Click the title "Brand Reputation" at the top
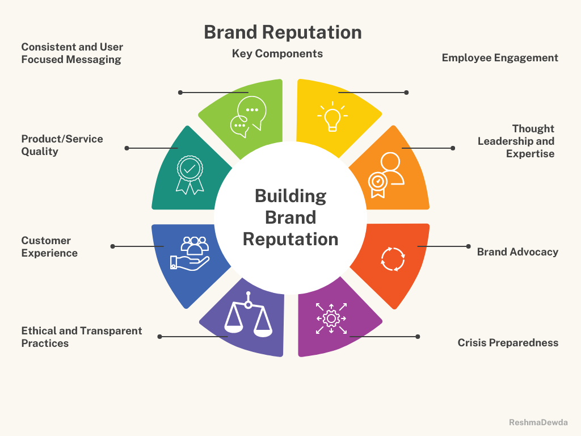pyautogui.click(x=283, y=32)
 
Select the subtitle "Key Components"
pyautogui.click(x=277, y=54)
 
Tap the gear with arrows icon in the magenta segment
pyautogui.click(x=331, y=318)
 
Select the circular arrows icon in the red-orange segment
pyautogui.click(x=393, y=258)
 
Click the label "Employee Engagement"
pyautogui.click(x=500, y=58)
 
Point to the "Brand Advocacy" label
pyautogui.click(x=517, y=252)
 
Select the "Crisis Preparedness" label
pyautogui.click(x=508, y=343)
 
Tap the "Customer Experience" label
pyautogui.click(x=49, y=247)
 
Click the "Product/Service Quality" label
pyautogui.click(x=62, y=145)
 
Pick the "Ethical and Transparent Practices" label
pyautogui.click(x=82, y=337)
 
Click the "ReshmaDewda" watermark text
pyautogui.click(x=538, y=422)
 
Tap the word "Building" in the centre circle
pyautogui.click(x=290, y=196)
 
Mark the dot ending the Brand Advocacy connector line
pyautogui.click(x=468, y=246)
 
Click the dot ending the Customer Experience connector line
pyautogui.click(x=112, y=246)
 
